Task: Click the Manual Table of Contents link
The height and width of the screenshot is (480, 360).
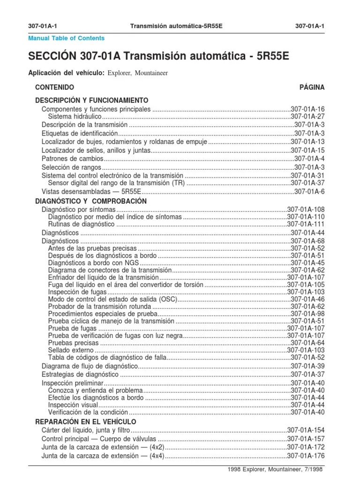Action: [x=67, y=38]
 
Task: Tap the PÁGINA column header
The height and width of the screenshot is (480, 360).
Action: [x=312, y=87]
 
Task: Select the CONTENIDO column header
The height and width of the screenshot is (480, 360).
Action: [x=54, y=87]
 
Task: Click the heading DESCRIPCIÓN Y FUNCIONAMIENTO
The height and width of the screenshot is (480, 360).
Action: [x=92, y=100]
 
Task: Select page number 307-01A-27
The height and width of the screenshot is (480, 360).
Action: [x=307, y=117]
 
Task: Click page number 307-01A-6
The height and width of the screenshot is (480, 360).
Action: [x=309, y=192]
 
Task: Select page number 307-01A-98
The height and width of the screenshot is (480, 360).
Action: [x=307, y=314]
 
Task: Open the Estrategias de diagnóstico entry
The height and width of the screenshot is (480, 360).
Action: [x=80, y=375]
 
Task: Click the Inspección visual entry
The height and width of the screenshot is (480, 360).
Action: [x=73, y=405]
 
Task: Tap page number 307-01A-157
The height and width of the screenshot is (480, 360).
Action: [x=306, y=439]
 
